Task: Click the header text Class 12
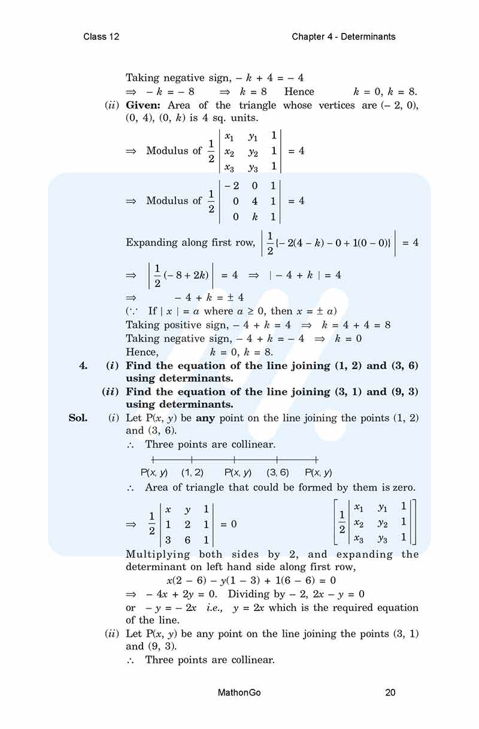101,37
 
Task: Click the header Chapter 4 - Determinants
344,37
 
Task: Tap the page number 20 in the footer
390,693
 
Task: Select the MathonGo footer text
239,693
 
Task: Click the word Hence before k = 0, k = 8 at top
299,92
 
